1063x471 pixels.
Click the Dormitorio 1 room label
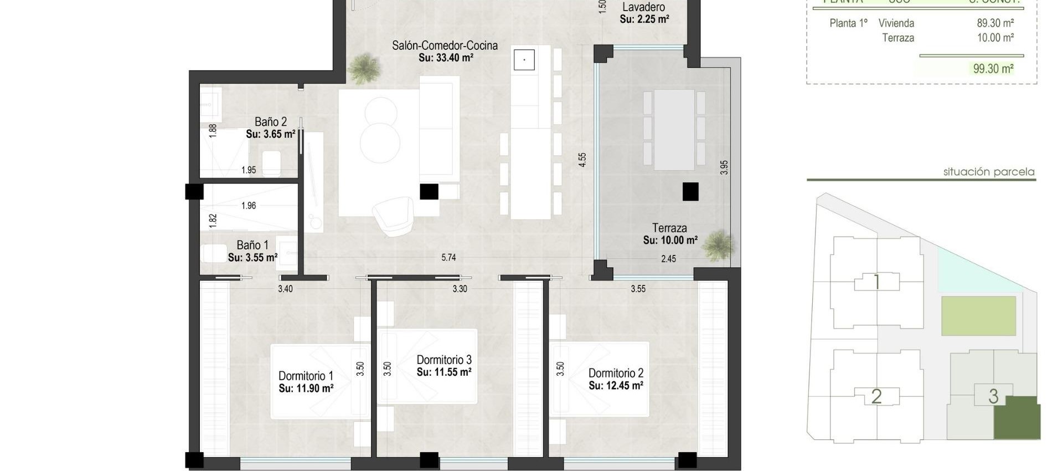click(306, 376)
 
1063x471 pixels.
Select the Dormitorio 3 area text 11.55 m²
click(444, 372)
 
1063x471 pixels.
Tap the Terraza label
click(669, 228)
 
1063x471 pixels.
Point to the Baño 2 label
click(271, 121)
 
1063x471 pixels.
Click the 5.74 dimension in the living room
click(448, 258)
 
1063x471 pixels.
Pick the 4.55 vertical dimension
click(582, 160)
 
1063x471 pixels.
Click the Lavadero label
click(643, 7)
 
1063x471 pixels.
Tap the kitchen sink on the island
click(524, 59)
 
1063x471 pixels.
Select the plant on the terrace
click(719, 245)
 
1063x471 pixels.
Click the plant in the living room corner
click(365, 68)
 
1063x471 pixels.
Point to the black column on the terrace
click(690, 192)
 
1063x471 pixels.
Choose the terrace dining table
click(674, 130)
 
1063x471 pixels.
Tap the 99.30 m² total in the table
click(993, 69)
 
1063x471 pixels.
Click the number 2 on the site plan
click(876, 396)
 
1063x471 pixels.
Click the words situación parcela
click(988, 172)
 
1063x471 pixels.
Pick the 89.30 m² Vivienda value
click(995, 23)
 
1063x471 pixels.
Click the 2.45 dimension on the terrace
click(668, 259)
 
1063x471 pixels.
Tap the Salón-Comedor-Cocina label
click(445, 45)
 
